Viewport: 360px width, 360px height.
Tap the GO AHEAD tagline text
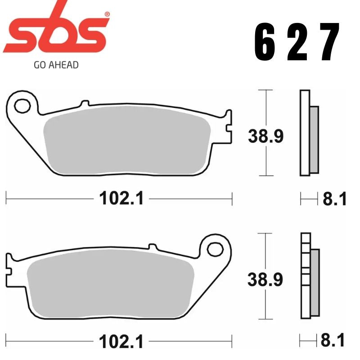[56, 65]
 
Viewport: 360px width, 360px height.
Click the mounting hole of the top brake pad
[21, 105]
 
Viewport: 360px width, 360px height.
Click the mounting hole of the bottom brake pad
[216, 248]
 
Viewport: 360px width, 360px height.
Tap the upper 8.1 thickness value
[335, 198]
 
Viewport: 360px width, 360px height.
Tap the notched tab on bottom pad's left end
[9, 265]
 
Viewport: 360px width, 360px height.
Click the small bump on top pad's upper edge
[82, 104]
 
